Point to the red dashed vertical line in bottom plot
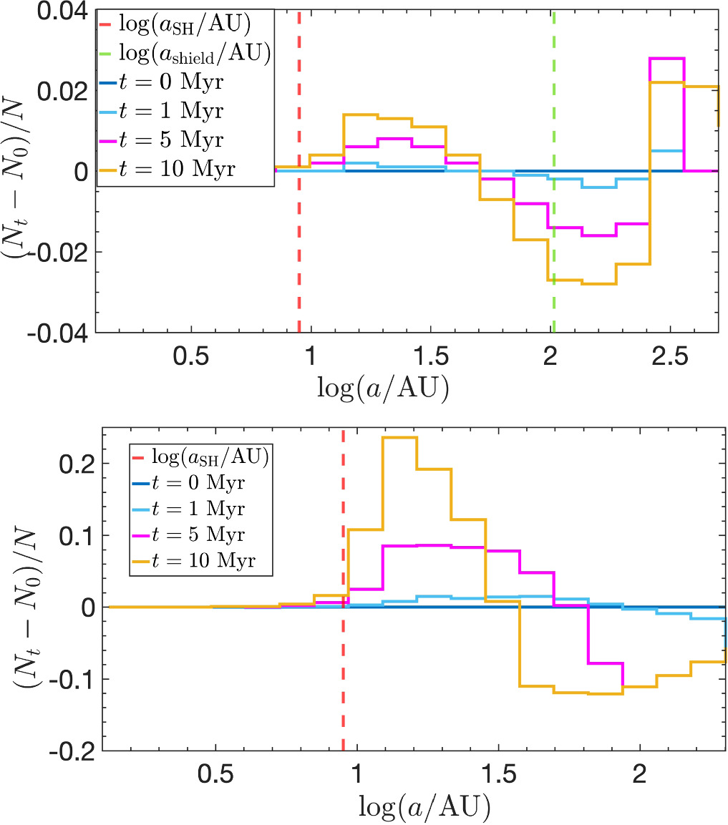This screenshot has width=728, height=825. click(x=343, y=680)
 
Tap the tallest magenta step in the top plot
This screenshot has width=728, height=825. click(x=667, y=59)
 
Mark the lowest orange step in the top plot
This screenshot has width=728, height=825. click(x=599, y=284)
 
